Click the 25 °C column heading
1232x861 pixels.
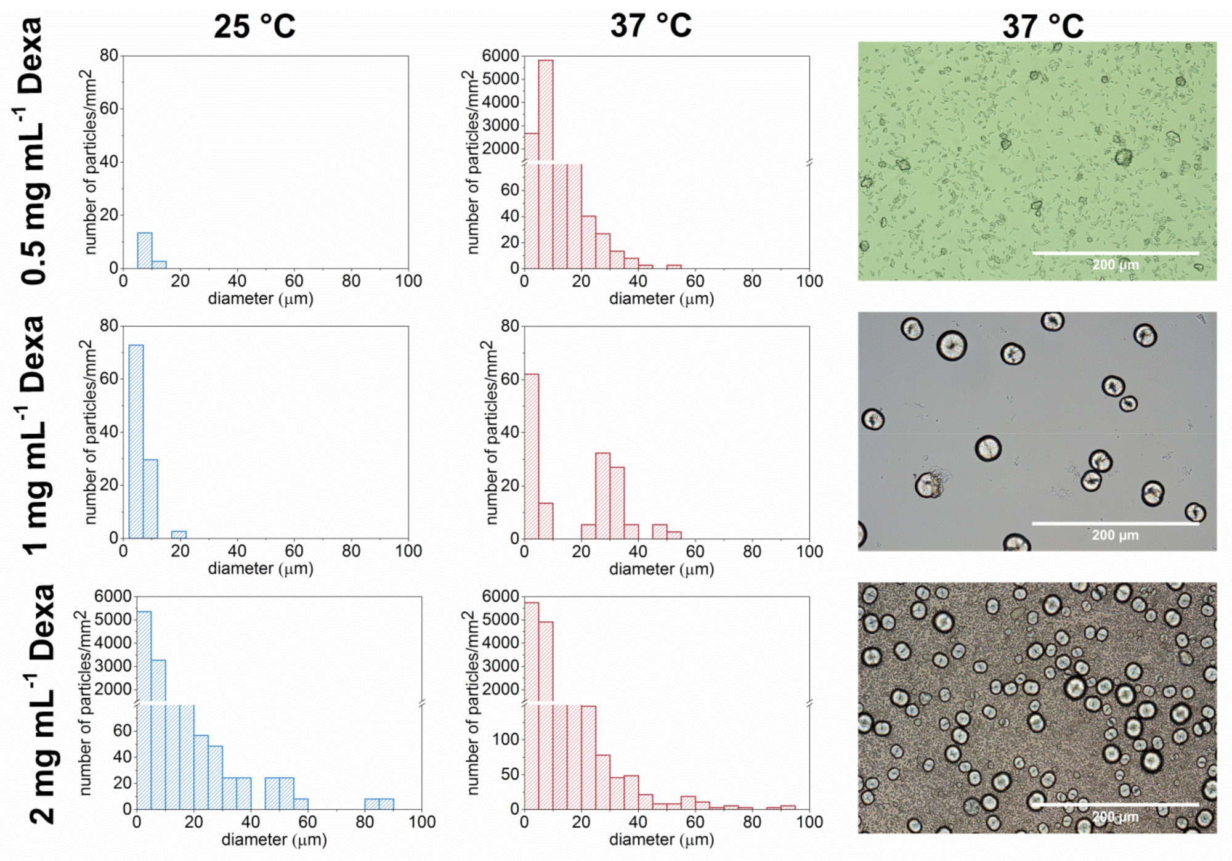(254, 26)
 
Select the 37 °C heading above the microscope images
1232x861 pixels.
(1042, 26)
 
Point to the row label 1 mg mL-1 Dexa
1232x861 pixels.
(34, 435)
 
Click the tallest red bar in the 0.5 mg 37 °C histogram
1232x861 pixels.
(545, 111)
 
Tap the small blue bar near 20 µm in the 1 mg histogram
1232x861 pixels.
(179, 534)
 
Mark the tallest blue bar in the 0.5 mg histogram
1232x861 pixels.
(145, 250)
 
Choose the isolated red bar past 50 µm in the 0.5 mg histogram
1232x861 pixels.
(674, 266)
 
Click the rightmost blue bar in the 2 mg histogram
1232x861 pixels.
(386, 804)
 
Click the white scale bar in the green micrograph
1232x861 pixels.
(1115, 253)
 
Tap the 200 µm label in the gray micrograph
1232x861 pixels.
(1115, 535)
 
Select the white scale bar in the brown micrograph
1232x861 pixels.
(1115, 804)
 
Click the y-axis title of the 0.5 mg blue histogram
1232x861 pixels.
(91, 161)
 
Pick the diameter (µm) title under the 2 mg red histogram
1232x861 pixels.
(661, 839)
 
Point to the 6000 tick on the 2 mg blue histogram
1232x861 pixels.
(113, 596)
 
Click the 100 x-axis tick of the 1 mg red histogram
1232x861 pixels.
(809, 551)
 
